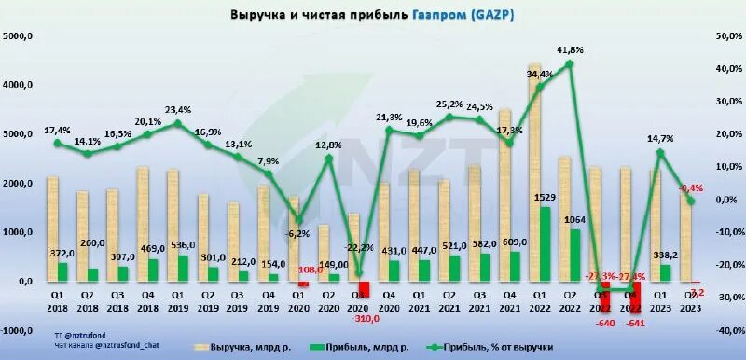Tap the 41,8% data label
pyautogui.click(x=570, y=49)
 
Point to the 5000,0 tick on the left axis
pyautogui.click(x=19, y=35)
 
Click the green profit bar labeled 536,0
pyautogui.click(x=183, y=268)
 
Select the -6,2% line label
pyautogui.click(x=297, y=233)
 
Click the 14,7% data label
pyautogui.click(x=661, y=139)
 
